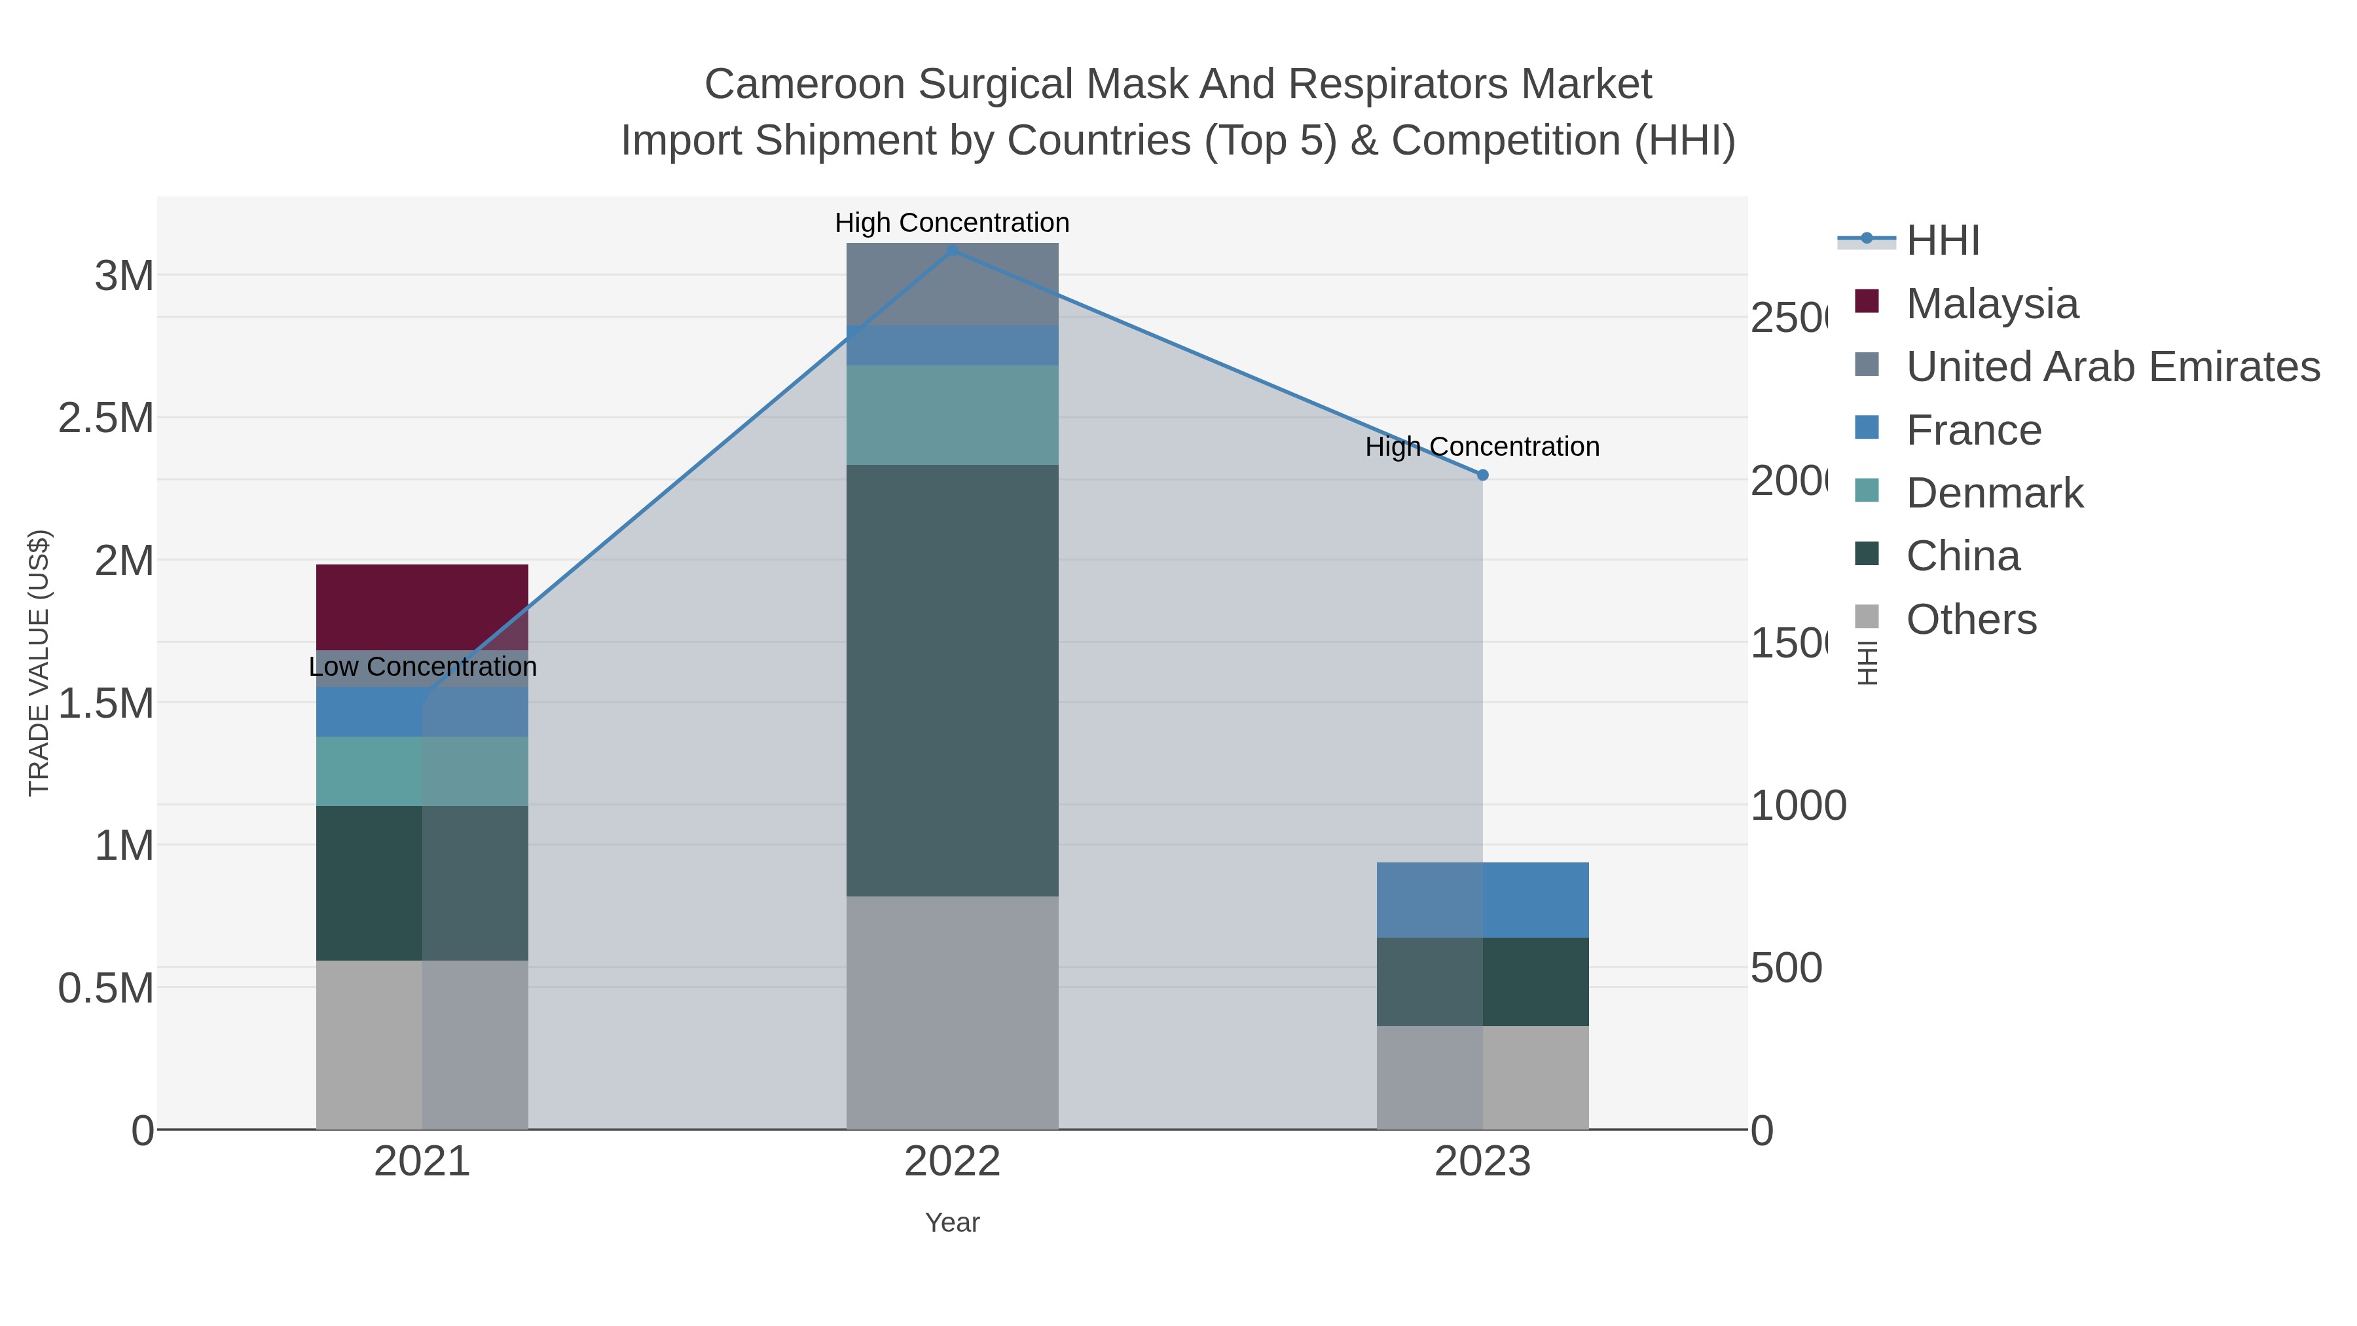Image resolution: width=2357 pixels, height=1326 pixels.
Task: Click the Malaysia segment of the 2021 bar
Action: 422,606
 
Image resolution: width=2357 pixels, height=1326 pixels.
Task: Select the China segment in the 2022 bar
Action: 951,680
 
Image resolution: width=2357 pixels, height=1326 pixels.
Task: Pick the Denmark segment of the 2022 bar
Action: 951,414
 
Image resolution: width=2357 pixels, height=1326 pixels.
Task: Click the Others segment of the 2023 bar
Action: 1482,1077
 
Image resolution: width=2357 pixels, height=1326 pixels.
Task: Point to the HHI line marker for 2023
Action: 1482,475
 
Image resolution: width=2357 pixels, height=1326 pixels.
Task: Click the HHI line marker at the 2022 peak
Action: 951,250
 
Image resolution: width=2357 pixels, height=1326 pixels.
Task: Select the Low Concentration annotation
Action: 422,666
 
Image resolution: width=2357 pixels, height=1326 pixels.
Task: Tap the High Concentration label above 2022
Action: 951,223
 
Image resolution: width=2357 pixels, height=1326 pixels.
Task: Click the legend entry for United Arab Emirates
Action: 2111,367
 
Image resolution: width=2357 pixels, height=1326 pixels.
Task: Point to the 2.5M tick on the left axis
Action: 106,418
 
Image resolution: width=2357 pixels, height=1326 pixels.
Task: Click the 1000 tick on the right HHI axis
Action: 1797,806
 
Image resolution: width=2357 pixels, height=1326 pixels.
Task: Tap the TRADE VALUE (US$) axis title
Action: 39,663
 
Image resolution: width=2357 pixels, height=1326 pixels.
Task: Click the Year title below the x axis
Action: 951,1223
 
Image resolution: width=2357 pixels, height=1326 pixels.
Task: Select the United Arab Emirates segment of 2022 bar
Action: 951,284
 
